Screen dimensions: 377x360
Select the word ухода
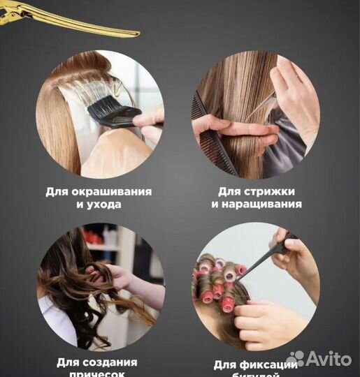(101, 205)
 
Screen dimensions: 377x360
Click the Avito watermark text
(329, 359)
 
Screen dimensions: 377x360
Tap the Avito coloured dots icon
(296, 359)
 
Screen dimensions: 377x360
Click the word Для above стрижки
(230, 191)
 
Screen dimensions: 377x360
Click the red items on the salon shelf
(94, 237)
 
